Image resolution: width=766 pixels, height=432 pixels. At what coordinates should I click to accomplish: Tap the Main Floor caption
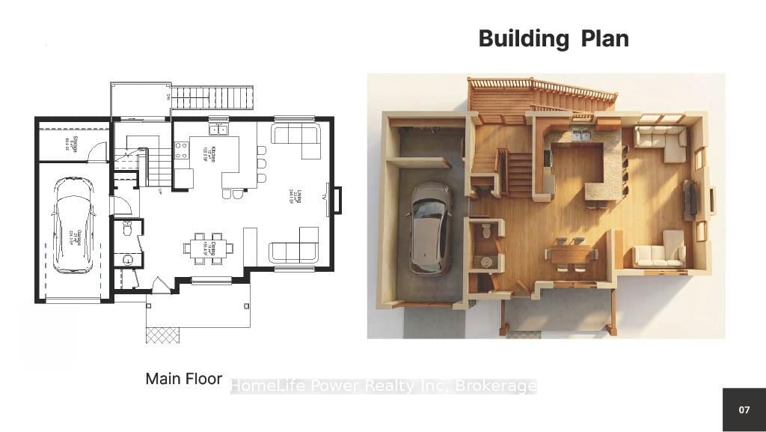(x=183, y=379)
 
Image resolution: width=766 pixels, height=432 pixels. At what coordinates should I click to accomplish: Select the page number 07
(x=744, y=410)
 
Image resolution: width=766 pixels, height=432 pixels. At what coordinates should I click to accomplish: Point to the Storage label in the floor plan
(x=67, y=142)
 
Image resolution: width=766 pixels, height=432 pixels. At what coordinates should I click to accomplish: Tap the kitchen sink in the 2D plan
(x=219, y=129)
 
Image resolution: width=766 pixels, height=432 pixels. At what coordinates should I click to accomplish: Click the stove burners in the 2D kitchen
(x=180, y=150)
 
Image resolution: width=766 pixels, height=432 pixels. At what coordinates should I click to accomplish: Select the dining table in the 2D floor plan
(x=207, y=248)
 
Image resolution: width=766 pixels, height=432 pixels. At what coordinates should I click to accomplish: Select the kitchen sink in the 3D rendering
(x=580, y=136)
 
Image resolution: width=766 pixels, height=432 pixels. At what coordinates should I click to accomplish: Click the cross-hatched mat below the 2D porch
(x=162, y=335)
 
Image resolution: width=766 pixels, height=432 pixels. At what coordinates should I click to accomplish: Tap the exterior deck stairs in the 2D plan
(x=206, y=98)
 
